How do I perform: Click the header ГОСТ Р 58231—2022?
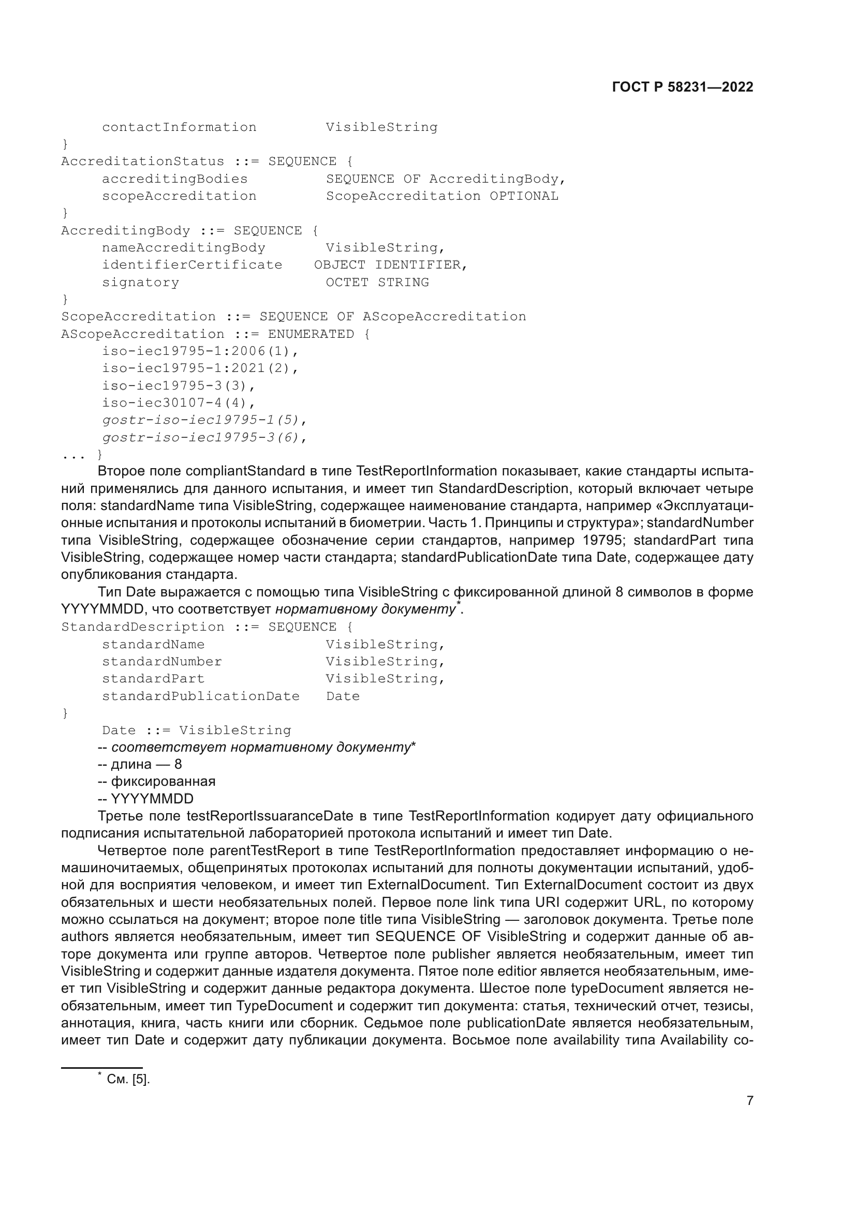coord(683,87)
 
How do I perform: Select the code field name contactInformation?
coord(179,128)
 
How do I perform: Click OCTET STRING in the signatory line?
coord(377,282)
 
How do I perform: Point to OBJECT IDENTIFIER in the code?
coord(390,265)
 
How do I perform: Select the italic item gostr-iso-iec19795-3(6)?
coord(204,438)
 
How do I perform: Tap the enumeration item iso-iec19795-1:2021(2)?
coord(200,368)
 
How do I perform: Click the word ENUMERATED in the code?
coord(311,334)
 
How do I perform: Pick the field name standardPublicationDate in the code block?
coord(201,696)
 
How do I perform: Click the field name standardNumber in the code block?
coord(162,662)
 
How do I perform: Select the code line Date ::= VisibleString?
coord(197,730)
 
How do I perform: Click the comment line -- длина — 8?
coord(140,764)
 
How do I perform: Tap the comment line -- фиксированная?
coord(157,782)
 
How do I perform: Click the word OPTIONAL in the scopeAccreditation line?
coord(524,196)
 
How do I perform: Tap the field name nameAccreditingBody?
coord(183,248)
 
